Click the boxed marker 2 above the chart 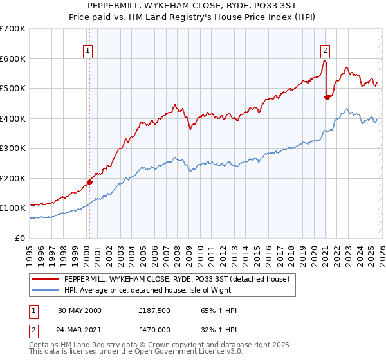click(x=326, y=50)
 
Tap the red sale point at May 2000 click(x=89, y=182)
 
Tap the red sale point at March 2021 click(x=327, y=98)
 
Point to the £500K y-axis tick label click(x=13, y=89)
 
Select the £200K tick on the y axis click(x=13, y=178)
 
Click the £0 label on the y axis click(x=19, y=238)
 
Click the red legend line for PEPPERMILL click(x=45, y=279)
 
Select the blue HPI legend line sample click(x=45, y=291)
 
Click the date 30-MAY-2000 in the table click(x=80, y=310)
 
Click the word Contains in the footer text click(x=46, y=346)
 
